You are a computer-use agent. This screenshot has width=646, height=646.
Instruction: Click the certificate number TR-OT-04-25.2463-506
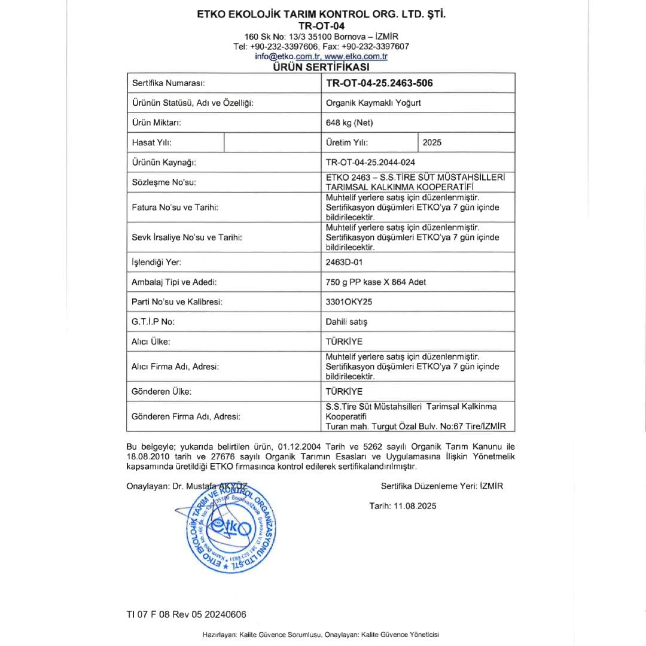379,83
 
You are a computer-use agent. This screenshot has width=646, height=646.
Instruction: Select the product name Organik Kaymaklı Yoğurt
373,103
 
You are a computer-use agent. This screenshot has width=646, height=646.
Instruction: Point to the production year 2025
432,142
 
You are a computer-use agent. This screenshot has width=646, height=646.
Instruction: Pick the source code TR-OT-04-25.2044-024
370,162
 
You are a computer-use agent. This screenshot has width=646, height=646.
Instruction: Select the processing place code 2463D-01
345,262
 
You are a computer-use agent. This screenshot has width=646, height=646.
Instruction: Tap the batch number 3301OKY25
349,302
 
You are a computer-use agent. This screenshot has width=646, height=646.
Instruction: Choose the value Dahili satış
347,322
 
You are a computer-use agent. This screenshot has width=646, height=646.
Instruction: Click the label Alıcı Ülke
151,342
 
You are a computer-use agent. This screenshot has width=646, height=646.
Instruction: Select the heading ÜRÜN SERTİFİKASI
321,67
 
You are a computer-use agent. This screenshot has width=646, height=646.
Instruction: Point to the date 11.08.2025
415,506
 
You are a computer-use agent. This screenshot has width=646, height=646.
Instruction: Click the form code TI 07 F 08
151,614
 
